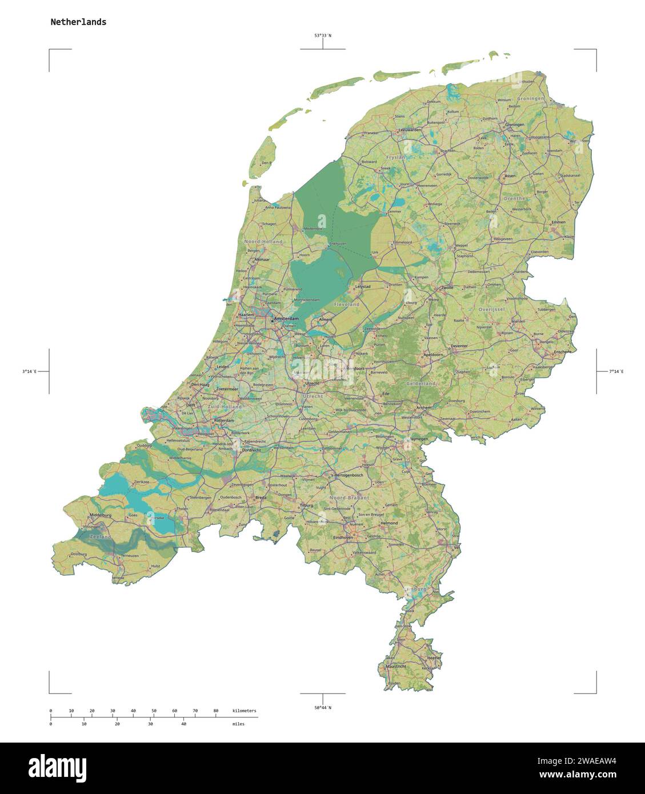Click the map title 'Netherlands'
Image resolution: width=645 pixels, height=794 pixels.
click(78, 22)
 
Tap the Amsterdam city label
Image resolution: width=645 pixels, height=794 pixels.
click(286, 318)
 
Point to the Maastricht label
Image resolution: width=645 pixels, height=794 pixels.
click(396, 666)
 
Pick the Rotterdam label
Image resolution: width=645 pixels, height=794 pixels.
click(224, 420)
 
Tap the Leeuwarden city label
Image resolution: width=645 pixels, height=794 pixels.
click(411, 130)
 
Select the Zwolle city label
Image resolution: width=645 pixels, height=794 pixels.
click(447, 287)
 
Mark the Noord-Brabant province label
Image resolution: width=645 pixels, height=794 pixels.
click(348, 498)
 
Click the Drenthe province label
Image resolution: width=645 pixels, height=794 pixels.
click(515, 198)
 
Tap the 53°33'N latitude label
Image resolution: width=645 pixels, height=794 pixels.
click(322, 35)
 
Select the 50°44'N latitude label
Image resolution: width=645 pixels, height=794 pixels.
click(322, 708)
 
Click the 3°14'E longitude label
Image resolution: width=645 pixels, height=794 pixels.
click(29, 372)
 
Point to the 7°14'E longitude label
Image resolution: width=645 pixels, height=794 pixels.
click(616, 372)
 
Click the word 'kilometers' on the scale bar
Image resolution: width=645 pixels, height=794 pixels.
click(245, 711)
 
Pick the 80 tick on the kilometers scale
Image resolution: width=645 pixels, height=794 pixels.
click(215, 711)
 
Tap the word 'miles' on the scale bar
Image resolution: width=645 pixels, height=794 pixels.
click(238, 724)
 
